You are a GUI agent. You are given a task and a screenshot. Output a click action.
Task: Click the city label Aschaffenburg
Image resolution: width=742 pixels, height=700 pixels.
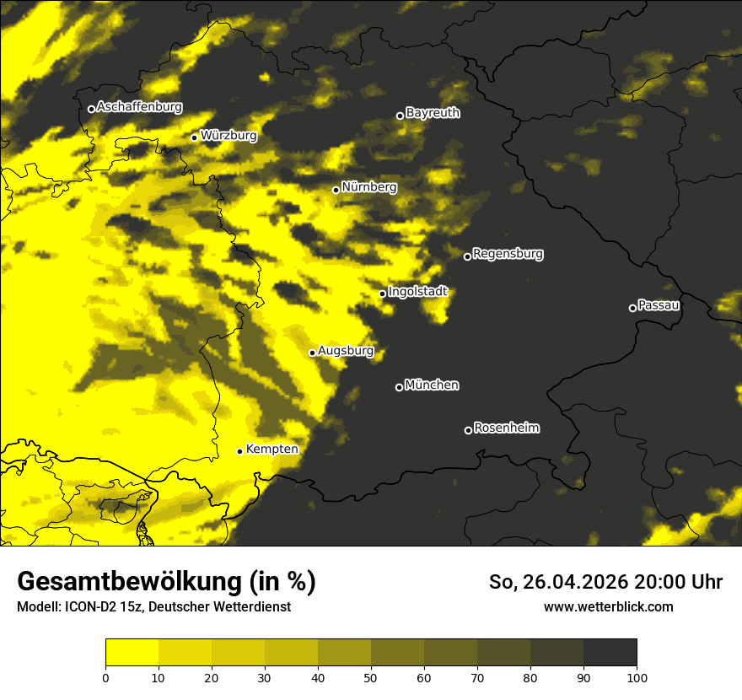click(139, 107)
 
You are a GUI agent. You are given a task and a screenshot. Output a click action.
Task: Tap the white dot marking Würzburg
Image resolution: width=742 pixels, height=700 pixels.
click(194, 137)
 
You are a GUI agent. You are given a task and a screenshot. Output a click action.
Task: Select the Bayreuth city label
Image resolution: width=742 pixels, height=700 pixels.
click(433, 113)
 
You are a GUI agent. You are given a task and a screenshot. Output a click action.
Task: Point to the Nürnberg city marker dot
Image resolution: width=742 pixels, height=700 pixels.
click(336, 190)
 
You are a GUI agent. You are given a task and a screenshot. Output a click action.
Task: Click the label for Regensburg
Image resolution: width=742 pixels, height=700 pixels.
click(508, 254)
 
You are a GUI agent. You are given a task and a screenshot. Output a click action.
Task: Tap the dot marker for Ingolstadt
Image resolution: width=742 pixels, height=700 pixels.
click(382, 293)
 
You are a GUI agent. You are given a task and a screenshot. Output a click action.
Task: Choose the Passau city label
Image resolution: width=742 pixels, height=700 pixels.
click(659, 305)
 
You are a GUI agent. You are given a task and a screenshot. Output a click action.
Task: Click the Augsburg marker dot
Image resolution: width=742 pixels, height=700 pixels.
click(312, 353)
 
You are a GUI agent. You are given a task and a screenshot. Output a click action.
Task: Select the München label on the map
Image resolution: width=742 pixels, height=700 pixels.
click(432, 385)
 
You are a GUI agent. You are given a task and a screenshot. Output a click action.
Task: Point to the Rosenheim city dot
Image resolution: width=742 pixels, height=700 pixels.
click(468, 430)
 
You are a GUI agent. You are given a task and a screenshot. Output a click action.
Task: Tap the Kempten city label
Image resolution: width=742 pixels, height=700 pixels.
click(272, 450)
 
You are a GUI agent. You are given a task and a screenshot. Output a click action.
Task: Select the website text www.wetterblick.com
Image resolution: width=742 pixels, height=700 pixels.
click(608, 606)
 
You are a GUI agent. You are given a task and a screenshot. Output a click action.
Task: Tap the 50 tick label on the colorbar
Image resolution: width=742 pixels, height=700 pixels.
click(371, 676)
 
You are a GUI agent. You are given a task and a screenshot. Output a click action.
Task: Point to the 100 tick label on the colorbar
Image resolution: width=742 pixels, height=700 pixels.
click(637, 676)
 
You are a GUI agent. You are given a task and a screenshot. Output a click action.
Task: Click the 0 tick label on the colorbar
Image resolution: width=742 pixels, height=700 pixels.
click(105, 676)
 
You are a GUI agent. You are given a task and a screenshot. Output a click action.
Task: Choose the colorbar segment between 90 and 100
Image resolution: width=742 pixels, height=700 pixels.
click(610, 653)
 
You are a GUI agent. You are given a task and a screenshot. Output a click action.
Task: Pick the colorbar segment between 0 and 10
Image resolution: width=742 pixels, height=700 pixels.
click(132, 653)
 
